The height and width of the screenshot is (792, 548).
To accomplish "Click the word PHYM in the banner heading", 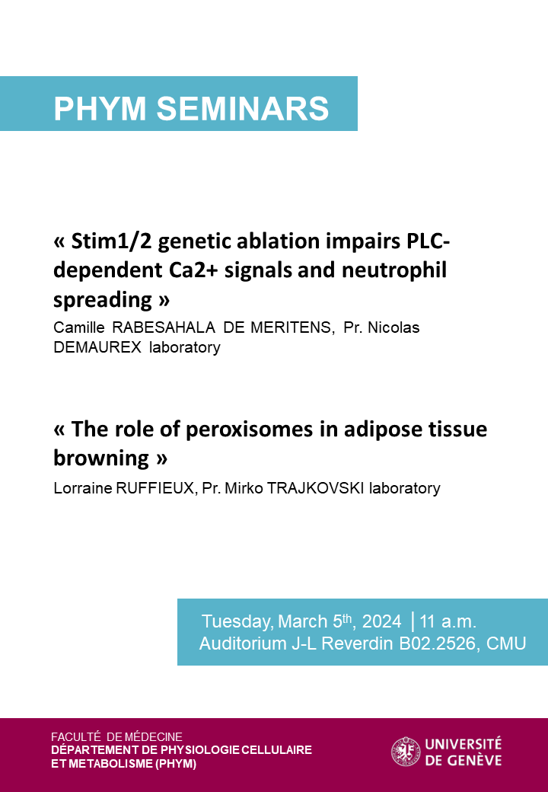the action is (100, 108).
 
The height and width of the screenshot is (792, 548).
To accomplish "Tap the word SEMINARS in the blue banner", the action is (243, 108).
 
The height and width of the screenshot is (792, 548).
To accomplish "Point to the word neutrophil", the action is (394, 271).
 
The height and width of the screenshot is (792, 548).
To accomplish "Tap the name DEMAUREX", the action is (97, 347).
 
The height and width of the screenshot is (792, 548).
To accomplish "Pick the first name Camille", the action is (78, 327).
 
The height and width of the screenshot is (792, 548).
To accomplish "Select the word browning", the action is (101, 458).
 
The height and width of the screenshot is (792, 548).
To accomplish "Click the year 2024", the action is (381, 621).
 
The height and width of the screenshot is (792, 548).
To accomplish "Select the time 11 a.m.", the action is (448, 621).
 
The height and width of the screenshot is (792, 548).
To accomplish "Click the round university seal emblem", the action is (406, 752).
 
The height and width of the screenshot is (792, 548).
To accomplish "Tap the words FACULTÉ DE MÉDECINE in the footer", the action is (116, 736).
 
